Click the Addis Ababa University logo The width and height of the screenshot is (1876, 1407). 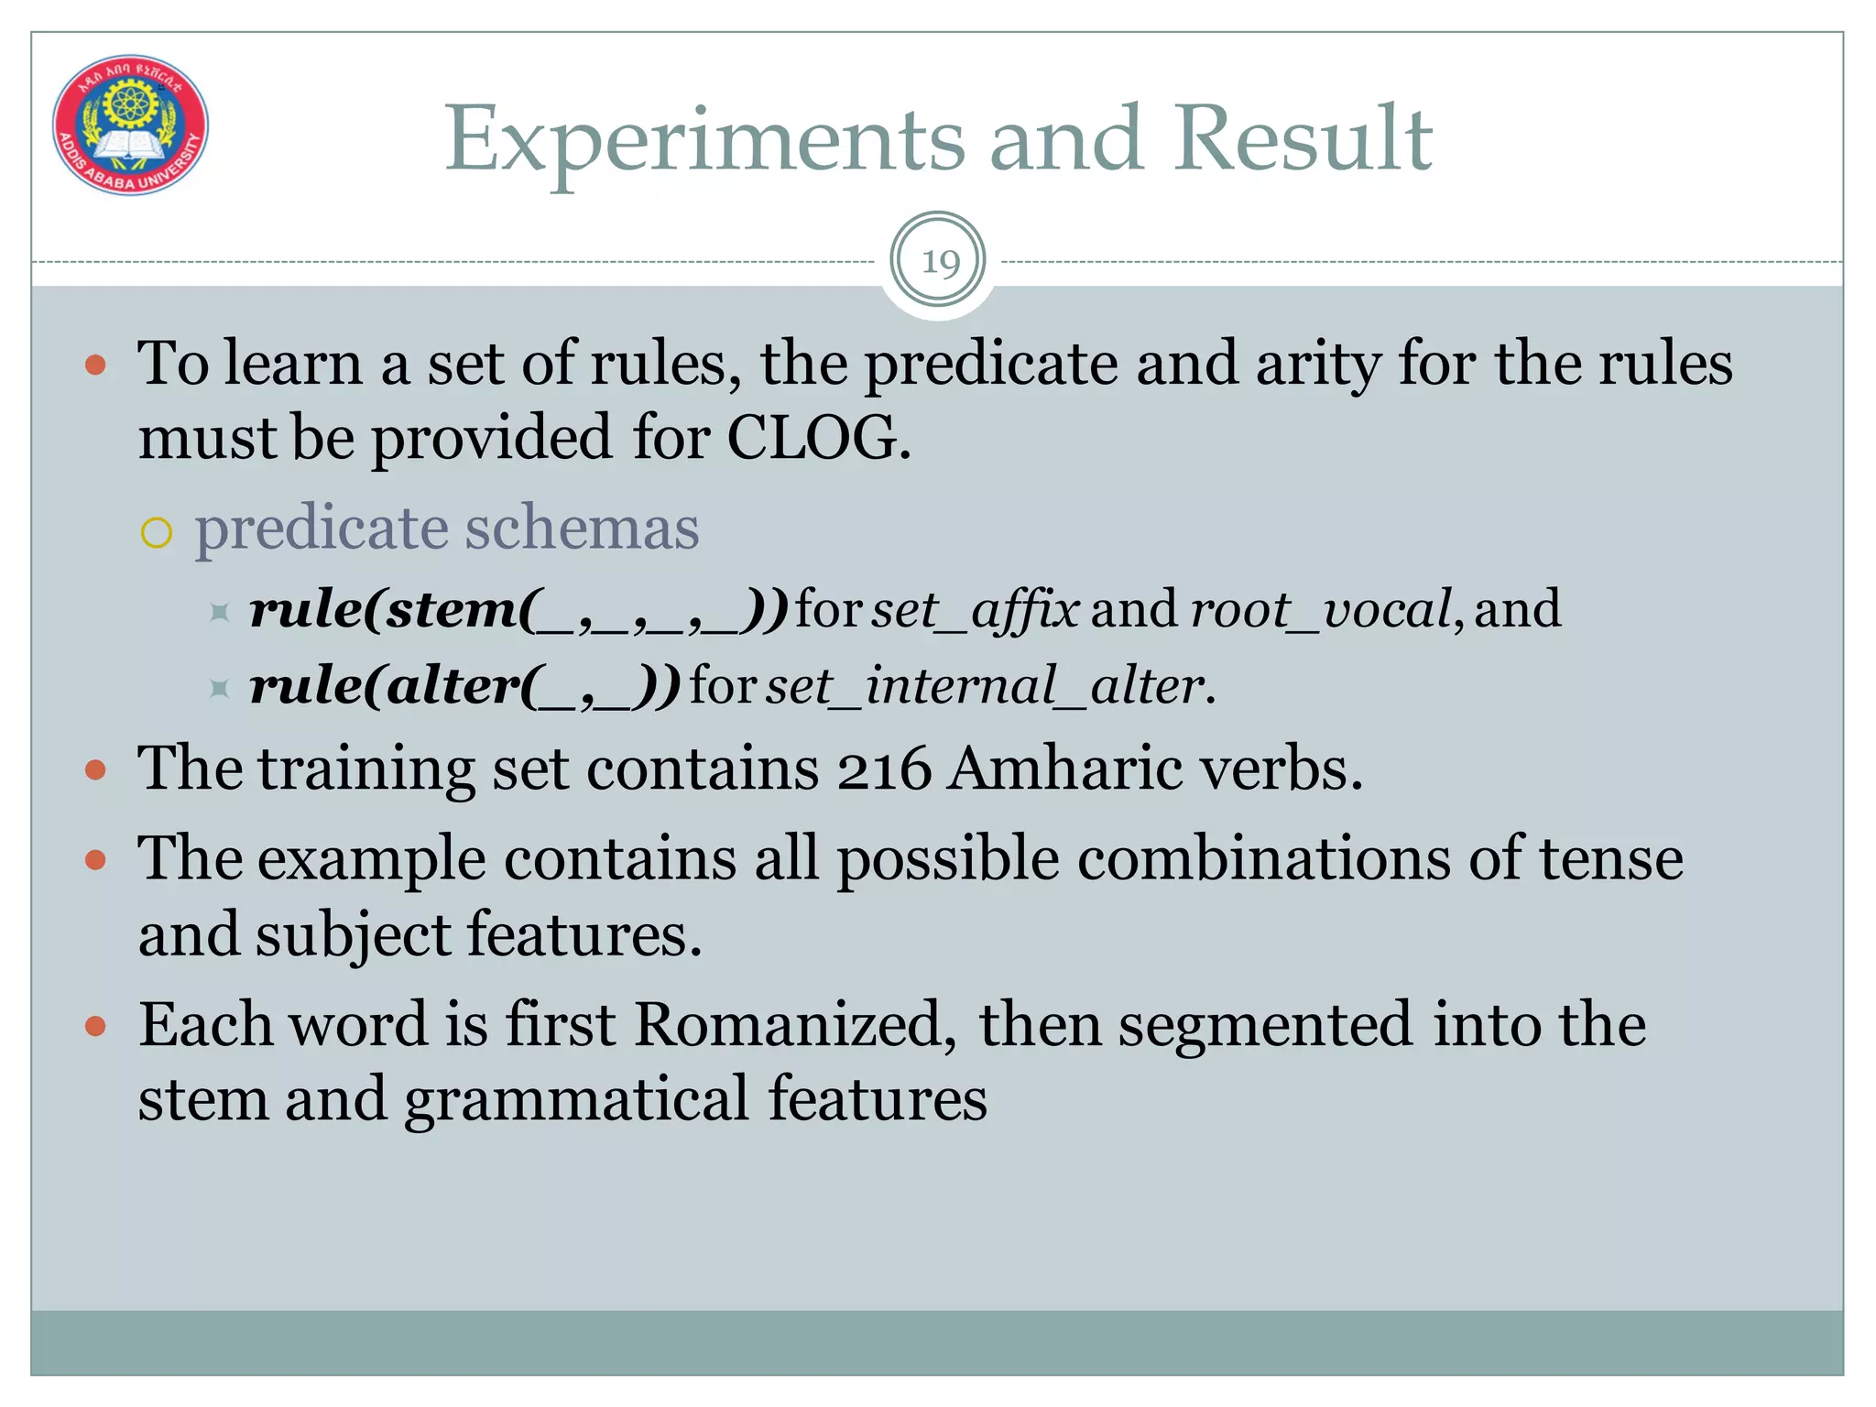click(x=130, y=125)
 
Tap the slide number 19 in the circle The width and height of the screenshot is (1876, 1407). click(x=938, y=262)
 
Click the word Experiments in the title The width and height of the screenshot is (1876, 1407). click(x=703, y=139)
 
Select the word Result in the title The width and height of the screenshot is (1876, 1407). click(x=1303, y=139)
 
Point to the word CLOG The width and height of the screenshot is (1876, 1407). click(x=817, y=438)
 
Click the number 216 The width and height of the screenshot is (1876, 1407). click(x=883, y=768)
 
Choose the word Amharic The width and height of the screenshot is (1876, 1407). click(x=1066, y=768)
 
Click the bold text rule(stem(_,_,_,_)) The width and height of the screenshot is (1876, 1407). click(x=518, y=610)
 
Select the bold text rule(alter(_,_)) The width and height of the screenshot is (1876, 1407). click(x=465, y=686)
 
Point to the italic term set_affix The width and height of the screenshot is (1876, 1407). click(x=975, y=610)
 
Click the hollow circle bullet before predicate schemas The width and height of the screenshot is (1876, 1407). click(x=157, y=532)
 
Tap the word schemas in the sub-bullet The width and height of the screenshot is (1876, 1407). click(x=583, y=529)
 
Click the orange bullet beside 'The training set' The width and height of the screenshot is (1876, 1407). click(x=95, y=769)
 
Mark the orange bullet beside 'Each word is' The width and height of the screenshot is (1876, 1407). click(x=95, y=1026)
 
